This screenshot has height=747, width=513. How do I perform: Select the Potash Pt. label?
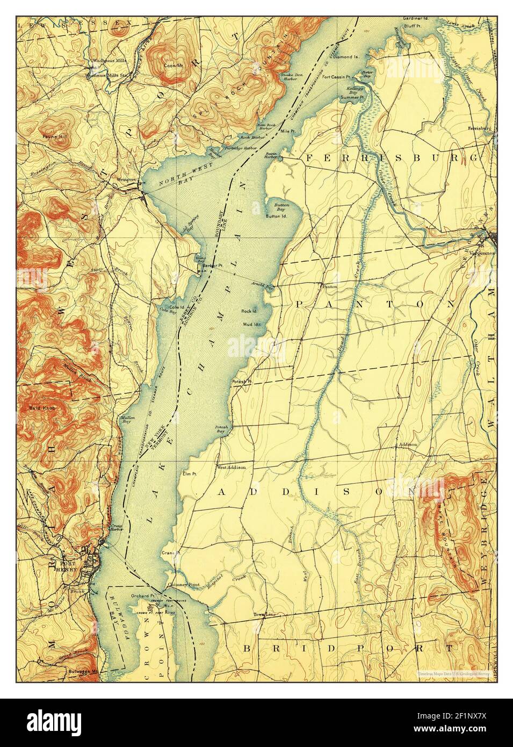tap(241, 382)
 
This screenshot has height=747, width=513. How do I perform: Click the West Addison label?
tap(232, 467)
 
